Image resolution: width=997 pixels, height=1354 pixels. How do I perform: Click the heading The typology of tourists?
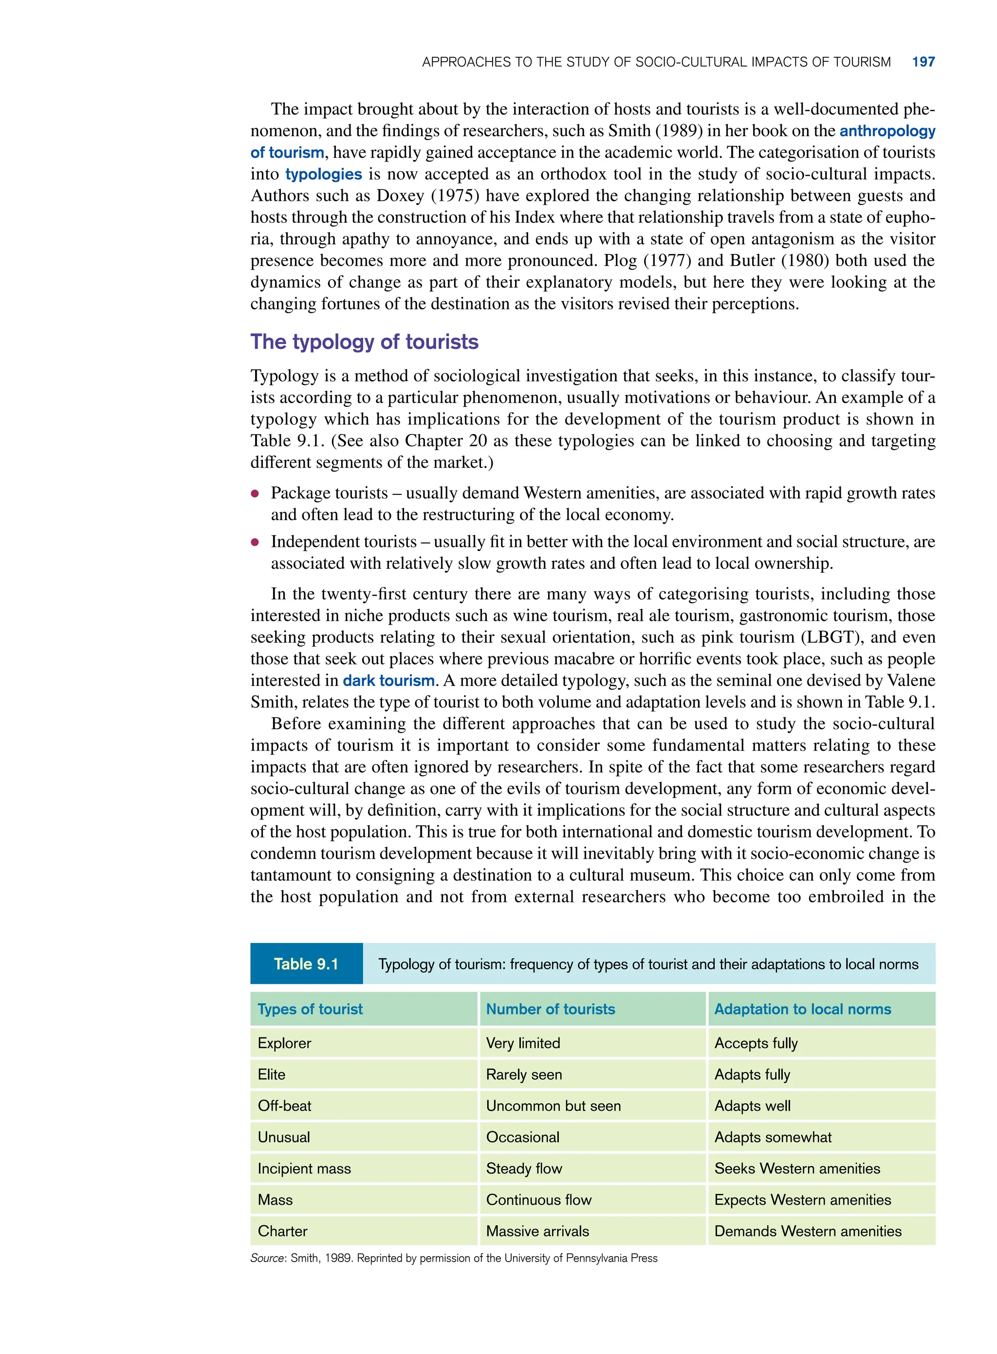tap(364, 342)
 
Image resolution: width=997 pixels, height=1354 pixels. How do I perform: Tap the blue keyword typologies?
tap(323, 174)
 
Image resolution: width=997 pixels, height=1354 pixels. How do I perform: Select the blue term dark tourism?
tap(388, 680)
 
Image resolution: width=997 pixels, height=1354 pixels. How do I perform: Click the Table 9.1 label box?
tap(306, 963)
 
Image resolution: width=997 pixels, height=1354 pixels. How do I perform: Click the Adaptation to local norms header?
tap(802, 1009)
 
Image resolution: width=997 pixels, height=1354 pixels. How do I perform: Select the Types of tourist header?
tap(310, 1009)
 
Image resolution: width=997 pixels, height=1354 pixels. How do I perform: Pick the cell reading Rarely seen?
tap(523, 1074)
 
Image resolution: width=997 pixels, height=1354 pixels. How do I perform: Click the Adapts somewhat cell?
tap(773, 1137)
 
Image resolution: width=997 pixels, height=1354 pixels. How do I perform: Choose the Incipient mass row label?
tap(304, 1168)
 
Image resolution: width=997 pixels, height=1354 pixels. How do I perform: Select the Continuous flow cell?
tap(538, 1200)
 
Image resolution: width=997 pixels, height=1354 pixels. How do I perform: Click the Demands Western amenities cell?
tap(808, 1231)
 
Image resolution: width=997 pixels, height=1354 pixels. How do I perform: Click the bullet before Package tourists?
tap(255, 493)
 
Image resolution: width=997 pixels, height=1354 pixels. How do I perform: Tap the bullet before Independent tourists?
tap(255, 542)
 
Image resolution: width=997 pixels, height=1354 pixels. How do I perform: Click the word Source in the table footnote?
tap(267, 1258)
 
